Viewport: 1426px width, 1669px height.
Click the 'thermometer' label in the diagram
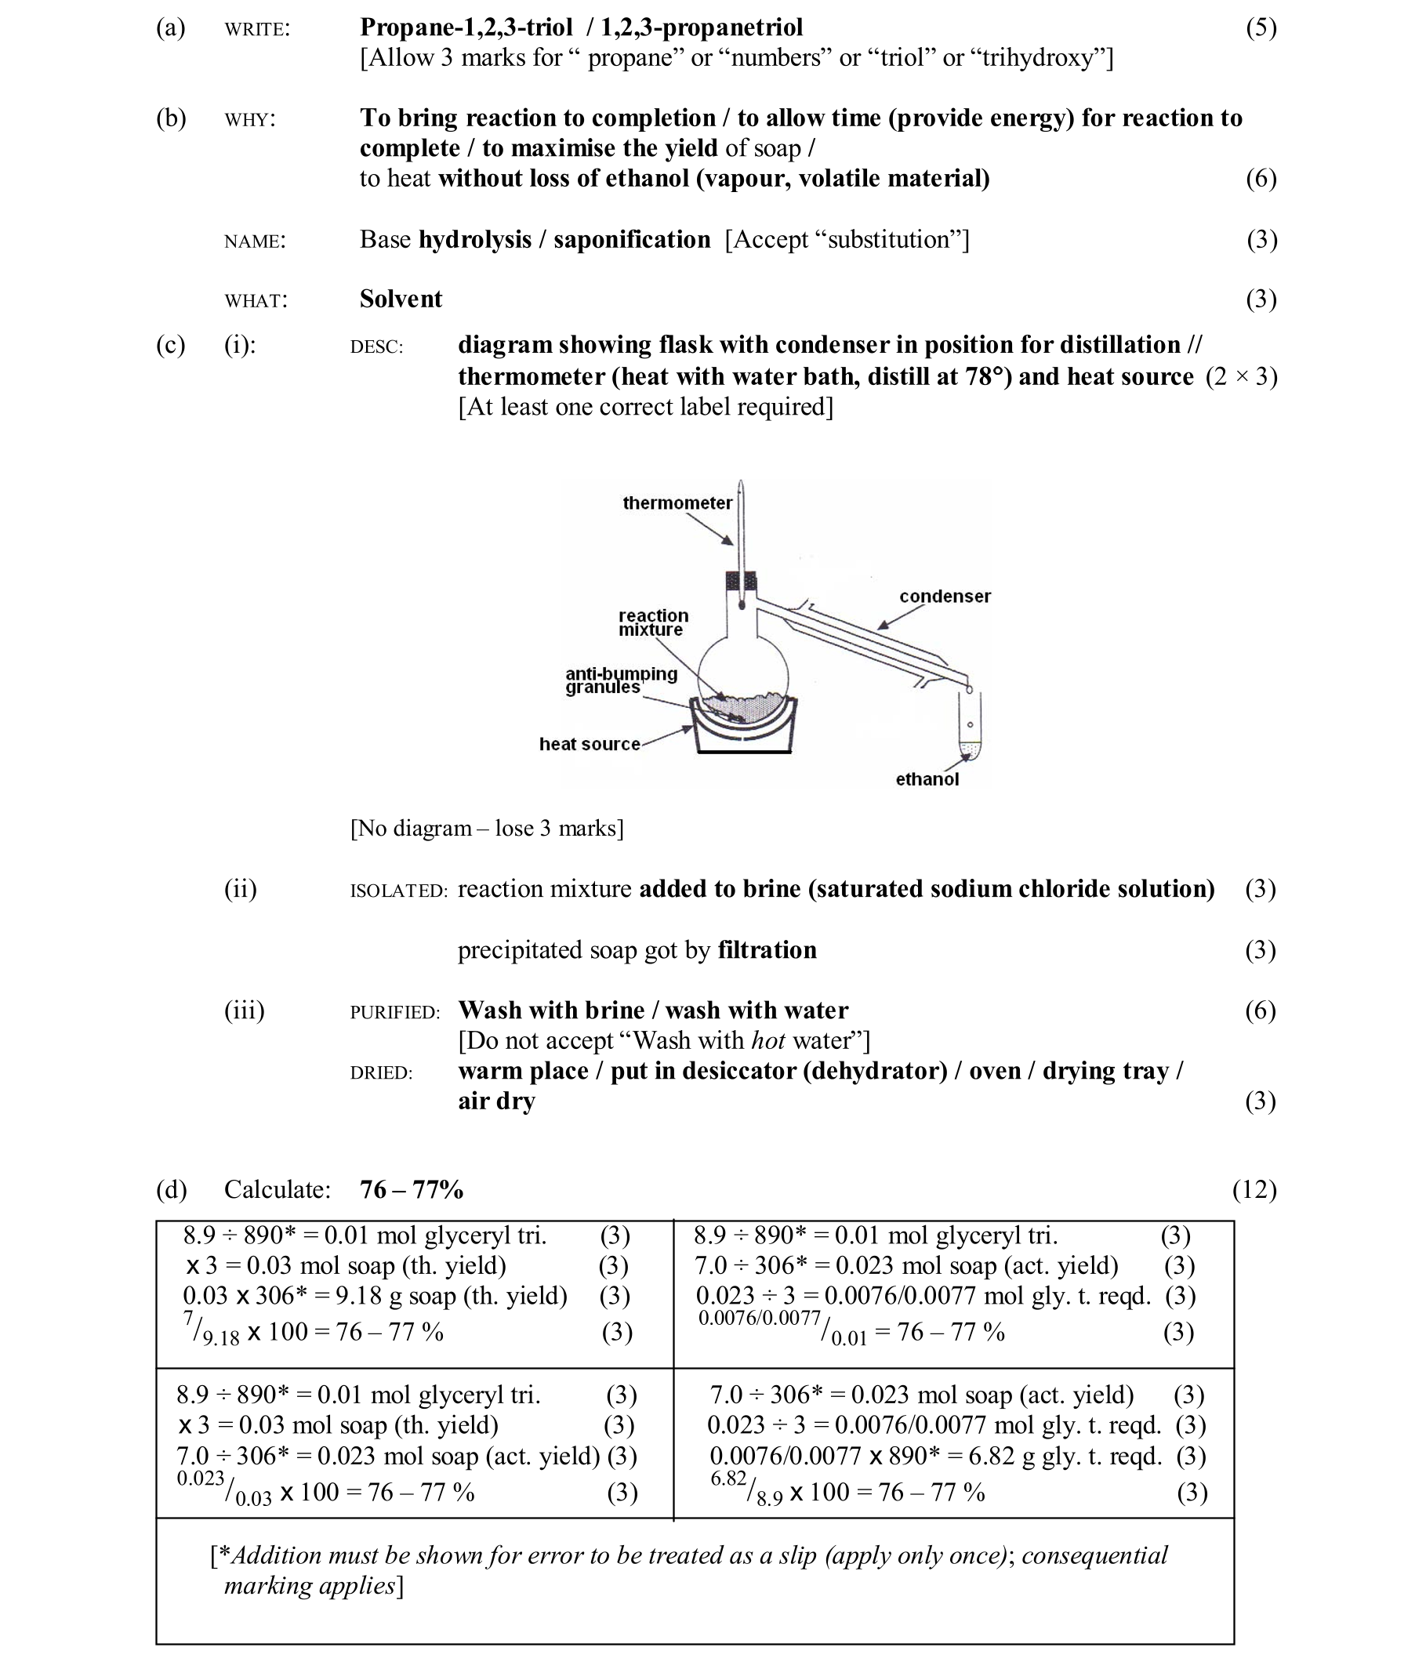point(677,503)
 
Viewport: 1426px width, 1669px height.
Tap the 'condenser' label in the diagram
point(944,597)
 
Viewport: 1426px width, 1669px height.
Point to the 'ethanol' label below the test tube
point(927,779)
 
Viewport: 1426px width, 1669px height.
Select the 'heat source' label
point(589,744)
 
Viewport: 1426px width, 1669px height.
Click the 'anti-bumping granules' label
point(620,680)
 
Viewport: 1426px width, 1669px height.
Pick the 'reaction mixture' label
point(652,622)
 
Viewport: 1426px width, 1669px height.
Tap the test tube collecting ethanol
point(971,725)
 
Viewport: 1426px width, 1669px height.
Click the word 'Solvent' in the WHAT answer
point(401,299)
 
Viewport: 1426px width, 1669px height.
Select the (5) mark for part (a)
point(1260,28)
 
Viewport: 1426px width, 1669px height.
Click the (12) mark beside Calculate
point(1254,1190)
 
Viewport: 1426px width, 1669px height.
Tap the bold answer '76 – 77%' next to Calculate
point(411,1190)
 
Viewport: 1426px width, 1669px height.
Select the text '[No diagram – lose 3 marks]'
point(487,829)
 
